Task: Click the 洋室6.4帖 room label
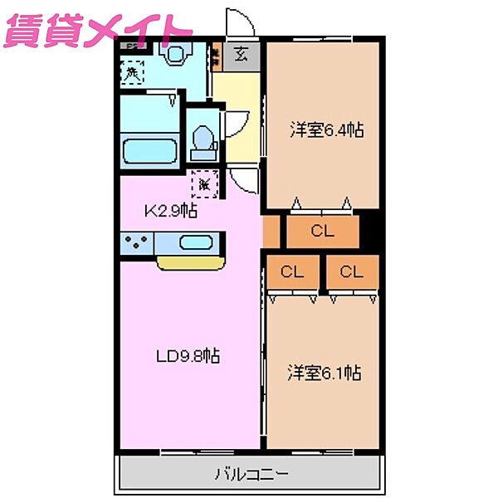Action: [327, 129]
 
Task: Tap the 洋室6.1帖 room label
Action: [325, 373]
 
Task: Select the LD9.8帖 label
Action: [188, 356]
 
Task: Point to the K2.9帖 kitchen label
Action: [170, 211]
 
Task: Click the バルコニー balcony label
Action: [251, 475]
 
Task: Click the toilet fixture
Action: [203, 141]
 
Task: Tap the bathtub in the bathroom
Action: [149, 154]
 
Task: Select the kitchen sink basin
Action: [195, 244]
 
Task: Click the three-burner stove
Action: [137, 244]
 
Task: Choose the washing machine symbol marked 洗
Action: [132, 73]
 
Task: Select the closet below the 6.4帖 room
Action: [323, 232]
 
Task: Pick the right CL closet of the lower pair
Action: [352, 271]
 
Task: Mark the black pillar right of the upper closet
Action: [370, 232]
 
